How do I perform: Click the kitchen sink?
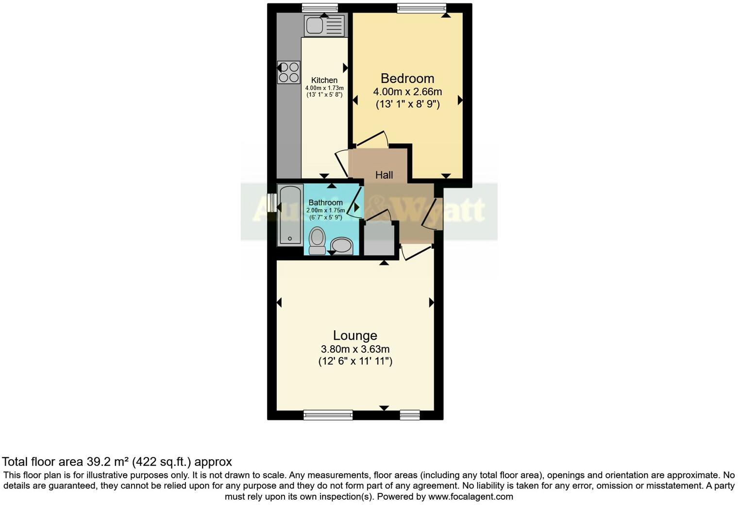coord(324,26)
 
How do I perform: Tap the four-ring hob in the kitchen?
coord(288,72)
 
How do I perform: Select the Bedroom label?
coord(407,78)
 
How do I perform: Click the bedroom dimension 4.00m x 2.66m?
coord(407,91)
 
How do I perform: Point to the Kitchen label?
coord(324,80)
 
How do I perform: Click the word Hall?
coord(384,175)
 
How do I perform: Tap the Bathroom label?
coord(325,202)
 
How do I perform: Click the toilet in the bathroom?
coord(317,240)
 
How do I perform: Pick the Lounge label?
coord(355,336)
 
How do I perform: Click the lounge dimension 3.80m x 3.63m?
coord(355,349)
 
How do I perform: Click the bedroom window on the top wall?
coord(421,7)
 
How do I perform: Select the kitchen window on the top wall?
coord(319,7)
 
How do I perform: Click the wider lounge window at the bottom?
coord(328,415)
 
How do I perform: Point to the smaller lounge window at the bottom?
coord(410,415)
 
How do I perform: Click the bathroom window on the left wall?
coord(272,203)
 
